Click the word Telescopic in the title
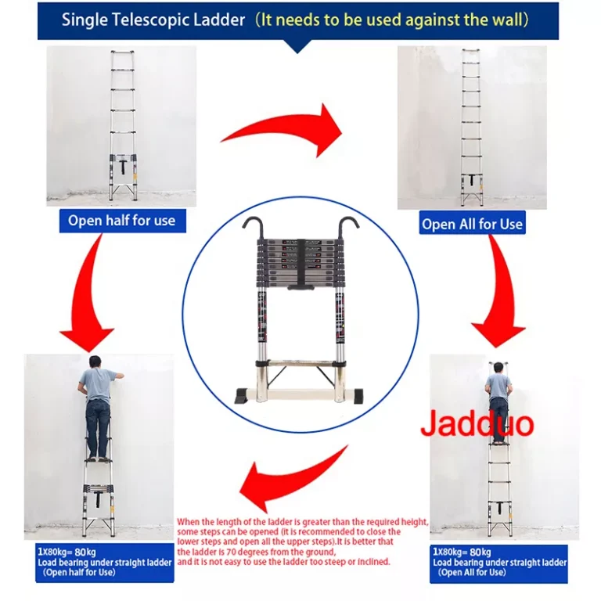point(150,20)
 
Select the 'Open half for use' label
point(122,221)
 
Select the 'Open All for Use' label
point(472,224)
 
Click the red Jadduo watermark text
point(477,423)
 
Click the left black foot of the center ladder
point(243,396)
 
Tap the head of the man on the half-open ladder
point(95,362)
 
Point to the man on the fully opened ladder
point(498,402)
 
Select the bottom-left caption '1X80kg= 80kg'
point(67,552)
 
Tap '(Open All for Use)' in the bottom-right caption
point(472,573)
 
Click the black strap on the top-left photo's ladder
point(123,166)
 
